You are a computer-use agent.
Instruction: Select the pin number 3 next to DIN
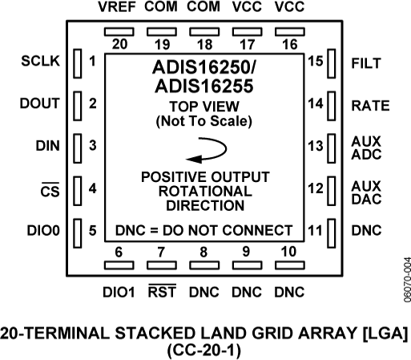tap(93, 146)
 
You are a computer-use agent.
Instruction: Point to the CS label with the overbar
tap(49, 190)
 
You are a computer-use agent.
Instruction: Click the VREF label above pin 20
tap(119, 9)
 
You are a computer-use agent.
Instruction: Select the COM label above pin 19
tap(162, 9)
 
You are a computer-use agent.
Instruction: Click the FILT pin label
tap(366, 62)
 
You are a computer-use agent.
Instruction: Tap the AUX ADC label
tap(366, 147)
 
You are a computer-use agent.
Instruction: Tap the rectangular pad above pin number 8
tap(204, 262)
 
